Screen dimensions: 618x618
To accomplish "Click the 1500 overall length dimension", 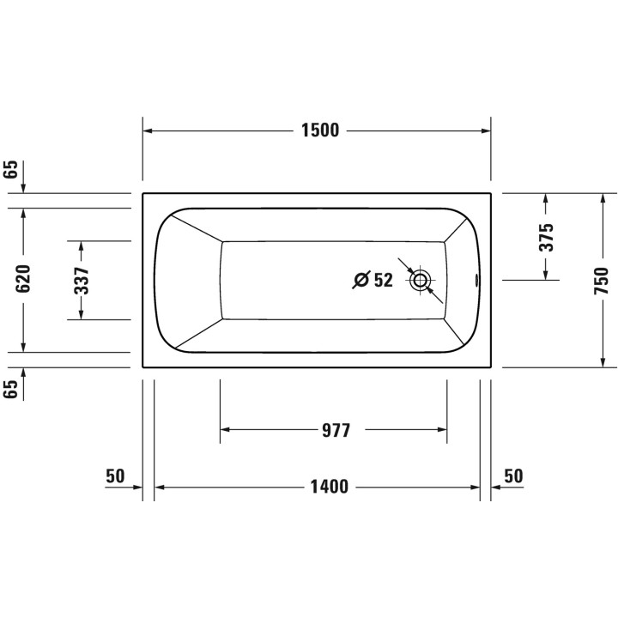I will coord(319,130).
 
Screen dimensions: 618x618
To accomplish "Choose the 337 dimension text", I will coord(82,280).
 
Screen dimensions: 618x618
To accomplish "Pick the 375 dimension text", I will coord(547,237).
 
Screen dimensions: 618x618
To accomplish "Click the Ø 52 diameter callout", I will coord(373,280).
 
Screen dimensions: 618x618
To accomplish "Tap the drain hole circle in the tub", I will coord(421,280).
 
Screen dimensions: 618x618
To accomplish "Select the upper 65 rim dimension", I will coord(11,169).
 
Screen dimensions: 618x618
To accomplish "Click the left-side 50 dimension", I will coord(115,476).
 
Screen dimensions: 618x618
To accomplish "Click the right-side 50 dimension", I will coord(513,476).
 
